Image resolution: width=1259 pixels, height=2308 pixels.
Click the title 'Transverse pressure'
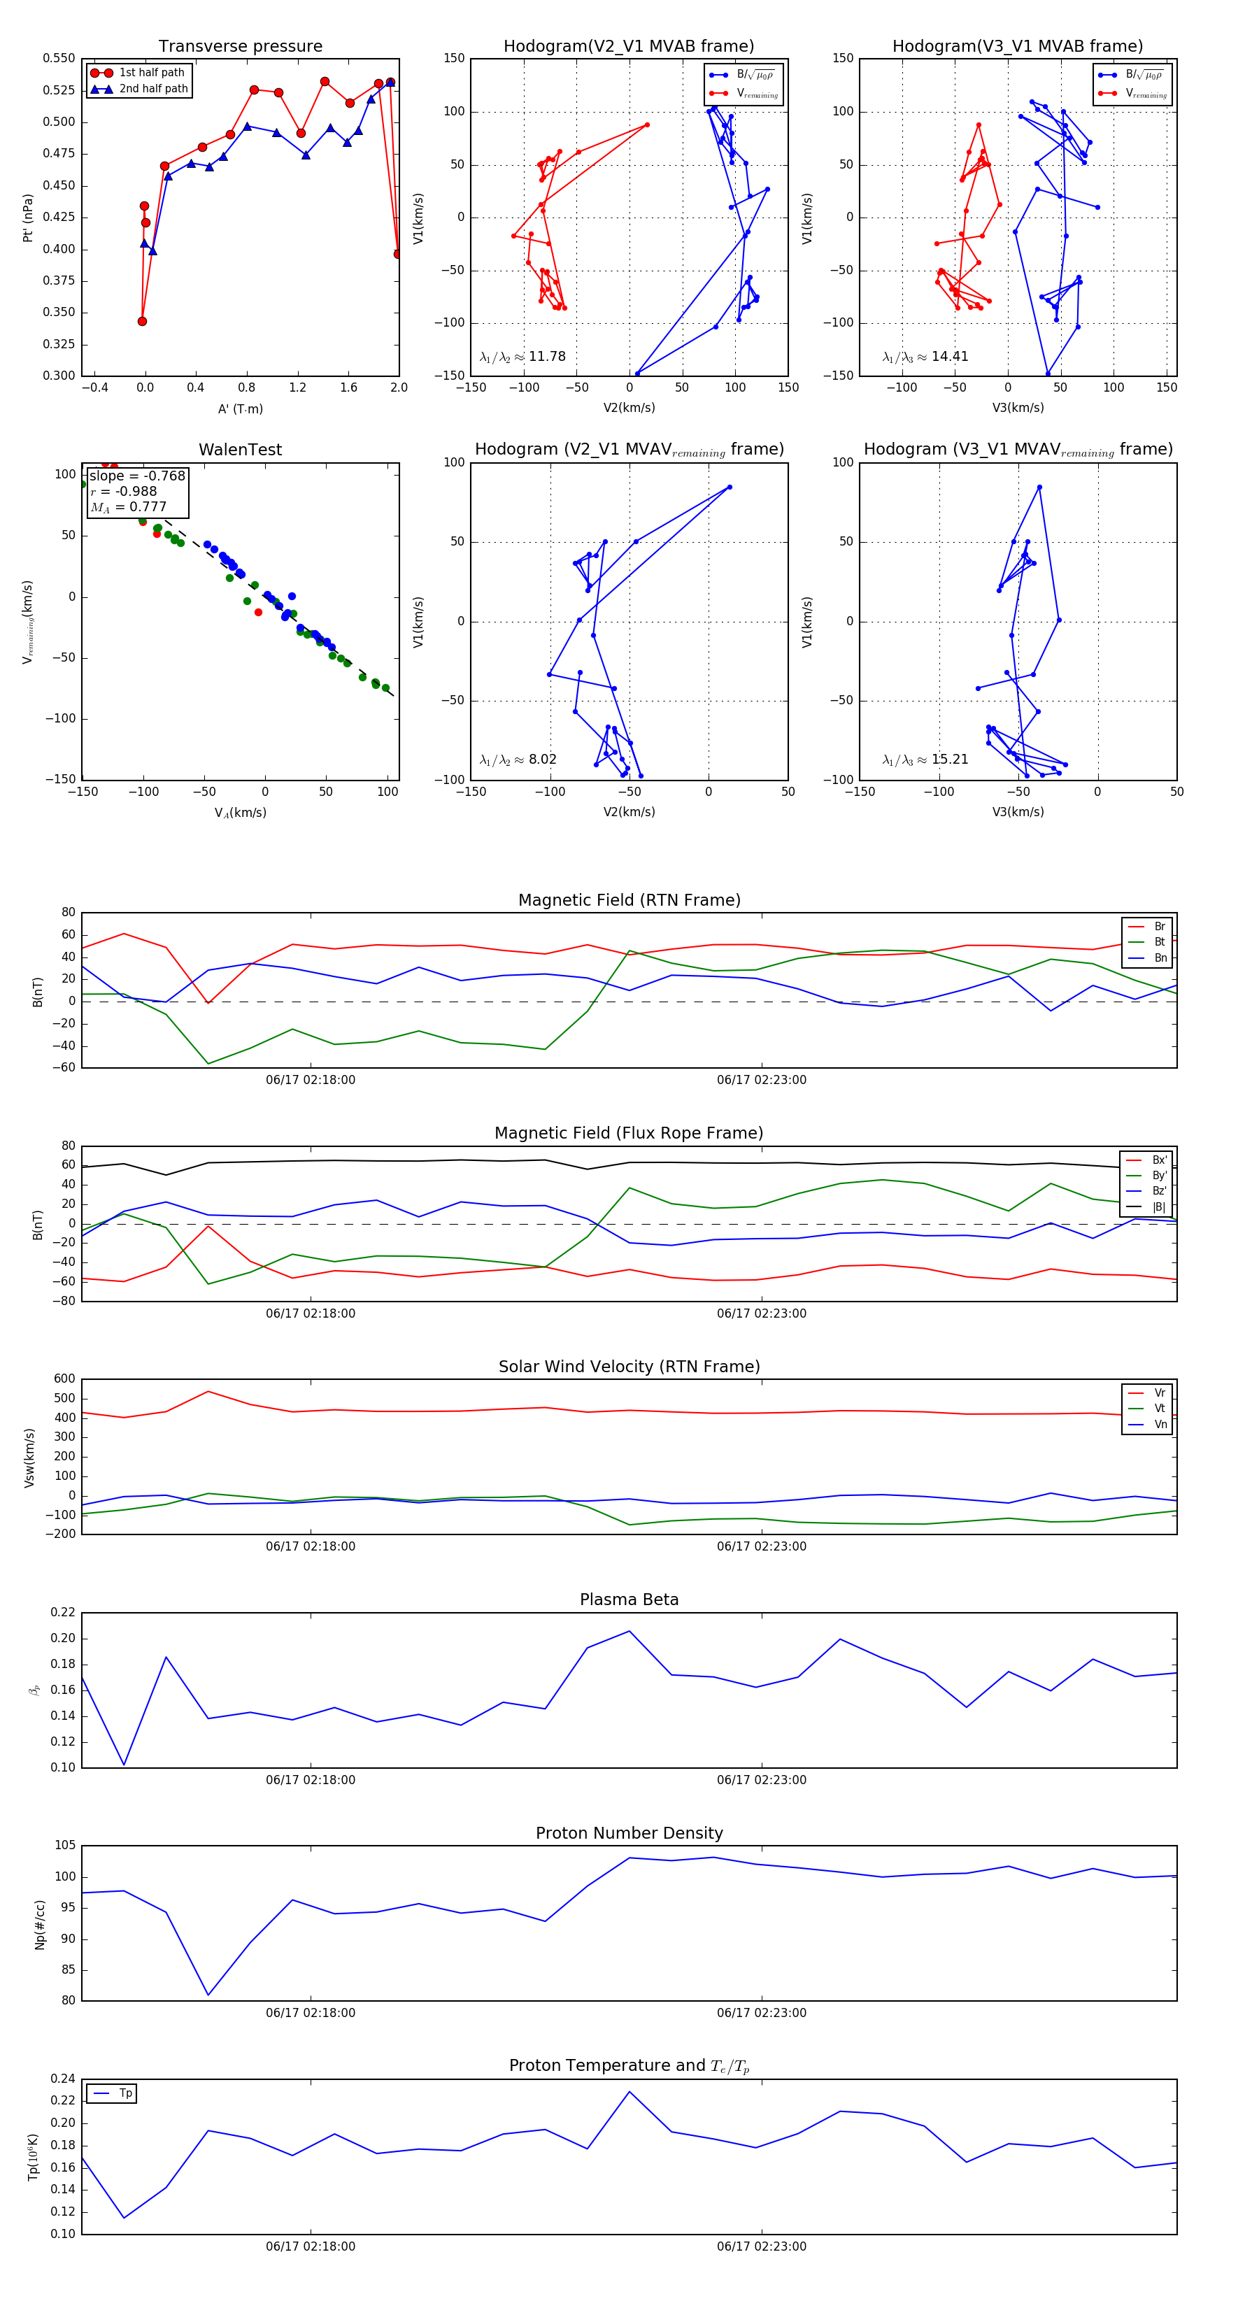point(240,47)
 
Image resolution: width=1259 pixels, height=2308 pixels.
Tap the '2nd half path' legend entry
point(153,89)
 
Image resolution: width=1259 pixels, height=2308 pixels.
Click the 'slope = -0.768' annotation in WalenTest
point(137,476)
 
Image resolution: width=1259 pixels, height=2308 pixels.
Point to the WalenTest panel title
point(240,450)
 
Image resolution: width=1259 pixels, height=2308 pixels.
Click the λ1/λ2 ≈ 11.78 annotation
point(522,357)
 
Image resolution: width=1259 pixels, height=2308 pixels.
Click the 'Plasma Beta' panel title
point(629,1600)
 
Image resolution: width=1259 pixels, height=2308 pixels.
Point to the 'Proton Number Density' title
point(629,1832)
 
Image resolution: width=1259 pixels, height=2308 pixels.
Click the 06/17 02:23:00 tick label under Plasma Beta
point(761,1779)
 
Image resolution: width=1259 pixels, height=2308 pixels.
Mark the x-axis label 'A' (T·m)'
point(240,408)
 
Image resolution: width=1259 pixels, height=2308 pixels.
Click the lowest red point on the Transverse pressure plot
point(143,322)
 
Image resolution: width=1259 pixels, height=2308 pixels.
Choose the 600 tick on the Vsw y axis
point(64,1379)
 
